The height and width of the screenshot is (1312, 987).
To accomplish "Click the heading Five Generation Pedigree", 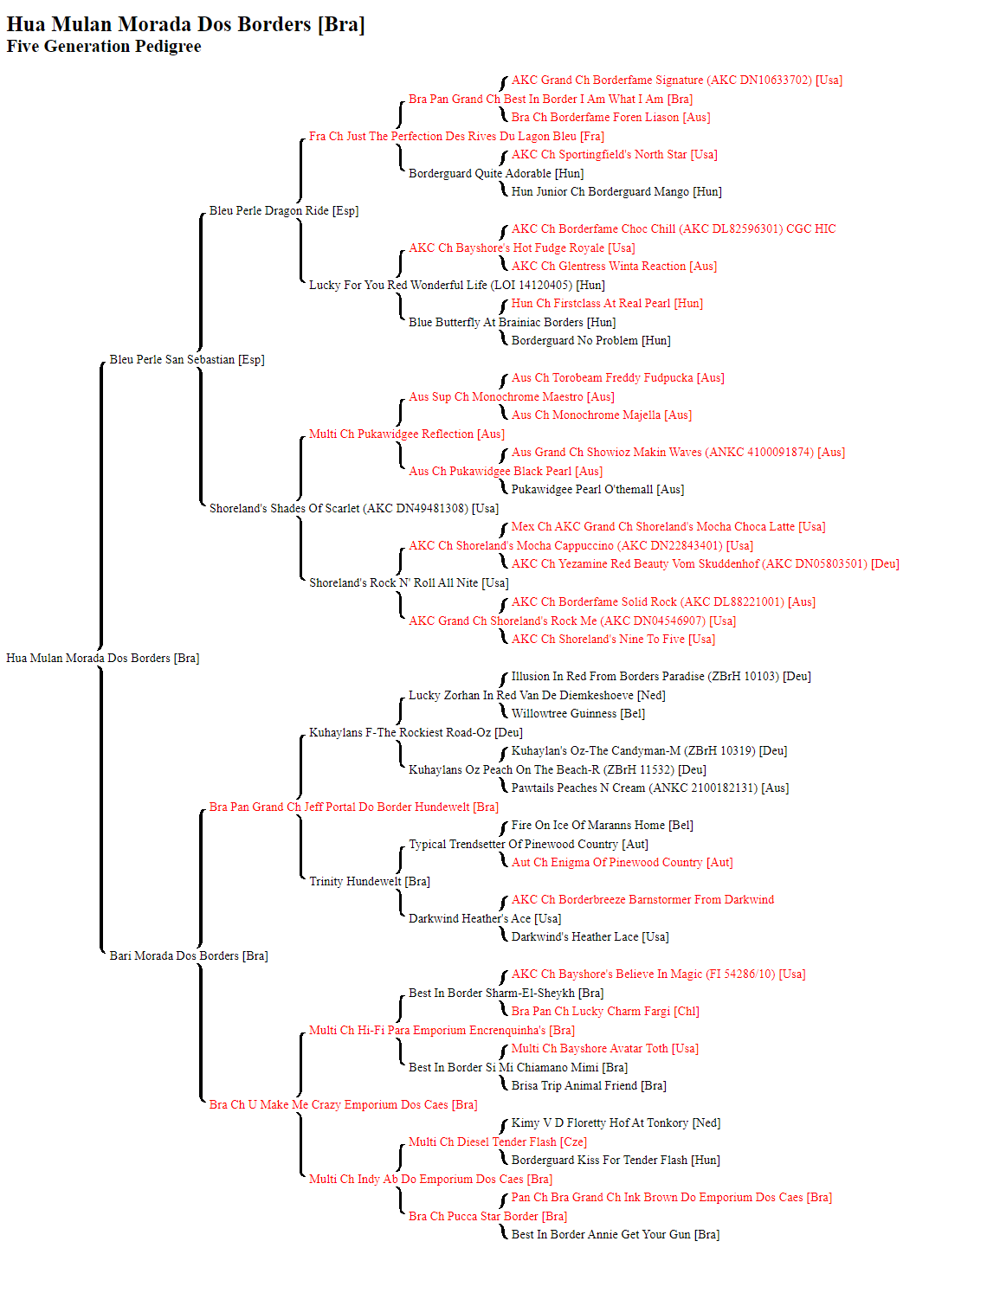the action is click(103, 46).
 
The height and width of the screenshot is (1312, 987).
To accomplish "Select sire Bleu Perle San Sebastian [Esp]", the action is click(186, 359).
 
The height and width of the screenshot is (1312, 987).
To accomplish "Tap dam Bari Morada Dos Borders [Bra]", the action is click(189, 955).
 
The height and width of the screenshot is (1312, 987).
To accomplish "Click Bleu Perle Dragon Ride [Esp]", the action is click(284, 210).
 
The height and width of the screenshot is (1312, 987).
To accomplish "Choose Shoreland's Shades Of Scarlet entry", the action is click(354, 508).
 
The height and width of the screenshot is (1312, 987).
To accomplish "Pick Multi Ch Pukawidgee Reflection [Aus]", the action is click(407, 434).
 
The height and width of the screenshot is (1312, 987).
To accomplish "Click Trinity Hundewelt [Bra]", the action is click(370, 881).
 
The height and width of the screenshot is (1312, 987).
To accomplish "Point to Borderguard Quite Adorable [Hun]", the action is click(496, 173).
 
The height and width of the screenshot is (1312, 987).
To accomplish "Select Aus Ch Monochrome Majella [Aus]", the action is click(602, 415).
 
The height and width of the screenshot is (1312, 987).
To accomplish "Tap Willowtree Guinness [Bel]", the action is click(578, 713).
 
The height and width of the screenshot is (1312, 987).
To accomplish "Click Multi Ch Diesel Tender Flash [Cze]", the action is click(497, 1142).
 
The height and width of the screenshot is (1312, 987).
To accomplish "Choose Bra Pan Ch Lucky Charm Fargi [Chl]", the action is click(605, 1011).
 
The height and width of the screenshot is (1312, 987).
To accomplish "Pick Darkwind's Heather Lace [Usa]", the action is click(590, 936).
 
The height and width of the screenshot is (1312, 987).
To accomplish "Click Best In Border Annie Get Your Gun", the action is click(616, 1234).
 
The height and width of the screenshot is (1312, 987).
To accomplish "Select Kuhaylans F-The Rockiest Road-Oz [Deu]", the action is click(416, 732).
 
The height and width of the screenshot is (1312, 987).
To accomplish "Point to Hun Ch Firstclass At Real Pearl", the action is click(607, 303).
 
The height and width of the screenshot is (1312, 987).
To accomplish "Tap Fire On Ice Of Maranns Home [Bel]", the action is click(602, 825).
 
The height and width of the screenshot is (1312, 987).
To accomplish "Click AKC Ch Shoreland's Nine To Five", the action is click(613, 639).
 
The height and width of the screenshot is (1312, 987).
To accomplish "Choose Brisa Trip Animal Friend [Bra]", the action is click(589, 1085).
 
